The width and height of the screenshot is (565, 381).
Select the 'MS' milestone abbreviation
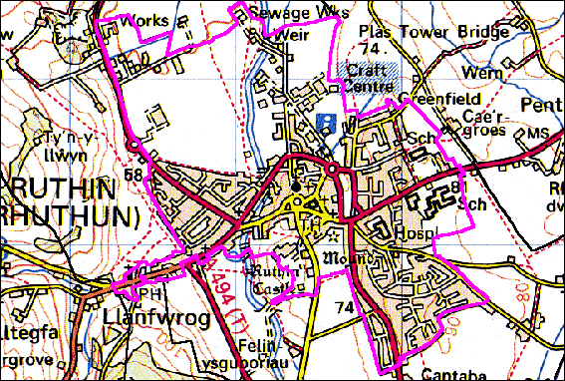click(x=538, y=133)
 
